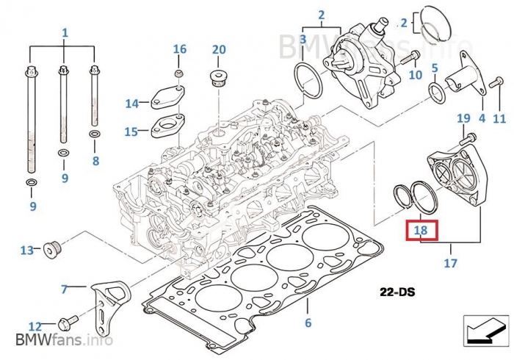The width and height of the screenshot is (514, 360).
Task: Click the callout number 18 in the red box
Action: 421,230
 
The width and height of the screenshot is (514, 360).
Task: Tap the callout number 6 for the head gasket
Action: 308,323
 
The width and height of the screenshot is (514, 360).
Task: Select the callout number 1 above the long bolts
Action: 65,33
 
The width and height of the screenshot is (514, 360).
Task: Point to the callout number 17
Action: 450,262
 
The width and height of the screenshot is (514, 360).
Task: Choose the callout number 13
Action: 26,251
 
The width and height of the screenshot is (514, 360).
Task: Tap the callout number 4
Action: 482,118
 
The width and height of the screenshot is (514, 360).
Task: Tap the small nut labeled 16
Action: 178,75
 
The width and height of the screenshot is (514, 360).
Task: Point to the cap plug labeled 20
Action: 218,77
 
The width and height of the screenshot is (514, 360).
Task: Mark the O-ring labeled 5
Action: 435,91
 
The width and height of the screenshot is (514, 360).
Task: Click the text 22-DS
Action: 398,292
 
